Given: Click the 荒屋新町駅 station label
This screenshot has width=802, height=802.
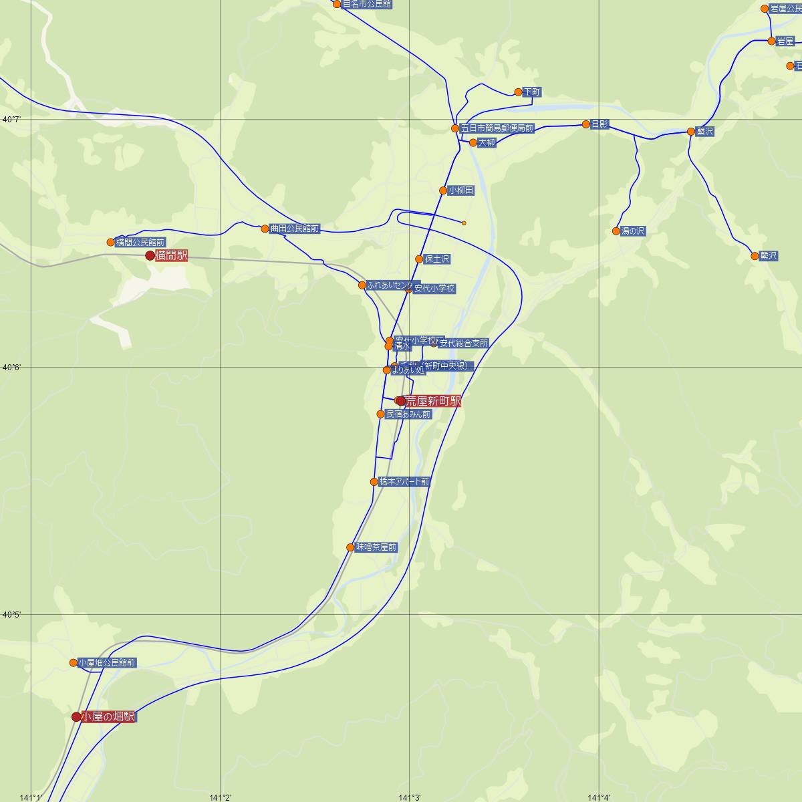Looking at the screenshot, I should point(433,401).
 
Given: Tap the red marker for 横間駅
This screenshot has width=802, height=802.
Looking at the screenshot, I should point(150,255).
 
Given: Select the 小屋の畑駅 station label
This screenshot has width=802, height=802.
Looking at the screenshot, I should point(108,716).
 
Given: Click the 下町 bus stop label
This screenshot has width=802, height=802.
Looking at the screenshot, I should point(532,92).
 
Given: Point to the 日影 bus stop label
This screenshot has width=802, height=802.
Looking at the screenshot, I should point(600,124).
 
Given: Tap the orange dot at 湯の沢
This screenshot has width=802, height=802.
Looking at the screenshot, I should point(616,231).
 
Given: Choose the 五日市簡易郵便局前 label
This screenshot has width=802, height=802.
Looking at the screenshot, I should point(497,128).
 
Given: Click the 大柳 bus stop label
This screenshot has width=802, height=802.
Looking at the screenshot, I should point(487,143).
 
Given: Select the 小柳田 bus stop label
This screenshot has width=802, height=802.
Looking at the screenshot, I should point(461,191).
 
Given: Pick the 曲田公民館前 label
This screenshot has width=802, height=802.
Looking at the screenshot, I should point(294,229).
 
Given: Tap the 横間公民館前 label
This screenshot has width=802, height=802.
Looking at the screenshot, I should point(140,243).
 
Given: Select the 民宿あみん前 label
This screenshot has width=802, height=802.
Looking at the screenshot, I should point(408,414).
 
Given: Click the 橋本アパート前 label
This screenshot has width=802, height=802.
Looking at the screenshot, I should point(404,482).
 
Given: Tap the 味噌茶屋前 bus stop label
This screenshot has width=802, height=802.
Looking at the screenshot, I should point(376,547).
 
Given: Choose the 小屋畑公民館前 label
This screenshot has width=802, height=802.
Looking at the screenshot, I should point(107,663).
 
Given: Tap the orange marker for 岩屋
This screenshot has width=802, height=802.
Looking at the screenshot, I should point(771,41).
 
